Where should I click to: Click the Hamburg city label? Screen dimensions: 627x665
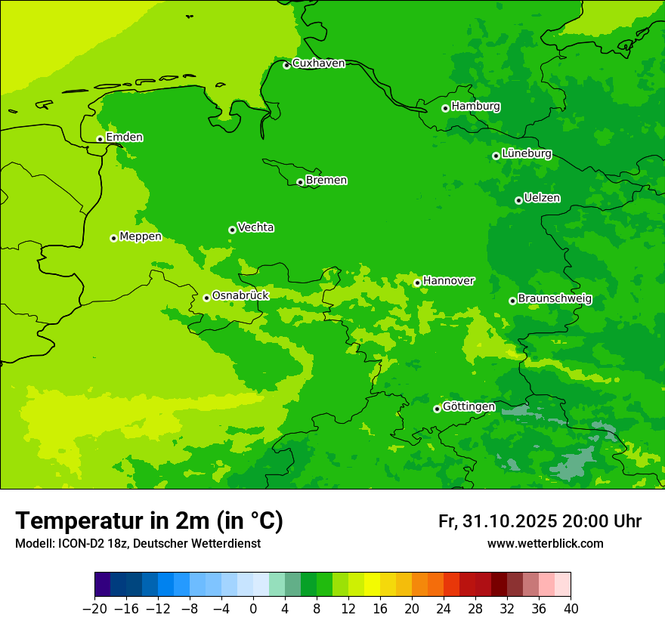point(475,107)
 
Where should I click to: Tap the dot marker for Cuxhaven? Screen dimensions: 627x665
point(286,66)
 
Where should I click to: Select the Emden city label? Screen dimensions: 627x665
point(124,137)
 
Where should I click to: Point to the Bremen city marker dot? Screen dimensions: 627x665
point(300,182)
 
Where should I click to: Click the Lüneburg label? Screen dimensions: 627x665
point(526,153)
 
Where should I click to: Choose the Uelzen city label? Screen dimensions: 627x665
point(542,198)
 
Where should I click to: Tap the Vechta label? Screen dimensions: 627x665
point(255,227)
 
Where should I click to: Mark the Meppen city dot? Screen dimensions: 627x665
point(113,238)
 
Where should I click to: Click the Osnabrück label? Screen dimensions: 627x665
point(240,295)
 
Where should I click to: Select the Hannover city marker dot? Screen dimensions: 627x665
point(417,283)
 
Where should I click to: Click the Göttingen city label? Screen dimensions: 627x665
point(469,406)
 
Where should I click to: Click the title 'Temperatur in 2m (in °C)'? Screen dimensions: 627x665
point(149,521)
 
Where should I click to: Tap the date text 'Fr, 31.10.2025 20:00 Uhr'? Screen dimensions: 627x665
point(540,522)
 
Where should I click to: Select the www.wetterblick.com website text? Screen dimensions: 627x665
point(545,544)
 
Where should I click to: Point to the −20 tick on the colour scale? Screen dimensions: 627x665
point(94,608)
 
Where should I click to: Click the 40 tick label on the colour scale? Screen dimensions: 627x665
point(571,608)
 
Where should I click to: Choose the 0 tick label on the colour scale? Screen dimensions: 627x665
point(253,608)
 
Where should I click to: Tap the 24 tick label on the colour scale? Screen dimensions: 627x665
point(444,608)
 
